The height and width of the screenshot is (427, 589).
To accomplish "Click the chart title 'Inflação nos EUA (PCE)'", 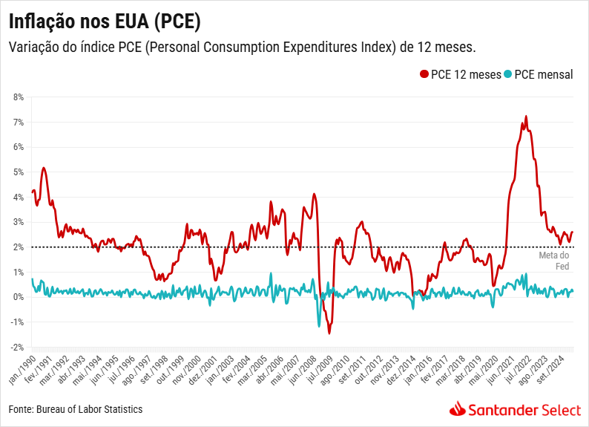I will tap(105, 19).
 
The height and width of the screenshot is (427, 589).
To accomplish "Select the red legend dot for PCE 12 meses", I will tap(424, 74).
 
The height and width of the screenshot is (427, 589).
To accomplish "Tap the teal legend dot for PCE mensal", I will tap(507, 74).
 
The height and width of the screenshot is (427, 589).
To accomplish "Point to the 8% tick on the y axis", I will tap(19, 97).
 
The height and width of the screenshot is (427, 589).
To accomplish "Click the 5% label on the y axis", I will tap(19, 172).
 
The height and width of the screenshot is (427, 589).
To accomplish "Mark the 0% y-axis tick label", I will tap(19, 297).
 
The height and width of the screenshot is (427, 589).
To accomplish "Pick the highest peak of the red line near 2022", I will tap(526, 117).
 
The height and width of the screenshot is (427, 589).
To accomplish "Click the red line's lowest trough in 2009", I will tap(329, 333).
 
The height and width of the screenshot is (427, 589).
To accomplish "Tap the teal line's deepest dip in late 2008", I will tap(320, 326).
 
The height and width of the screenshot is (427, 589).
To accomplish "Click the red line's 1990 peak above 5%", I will tap(44, 168).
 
